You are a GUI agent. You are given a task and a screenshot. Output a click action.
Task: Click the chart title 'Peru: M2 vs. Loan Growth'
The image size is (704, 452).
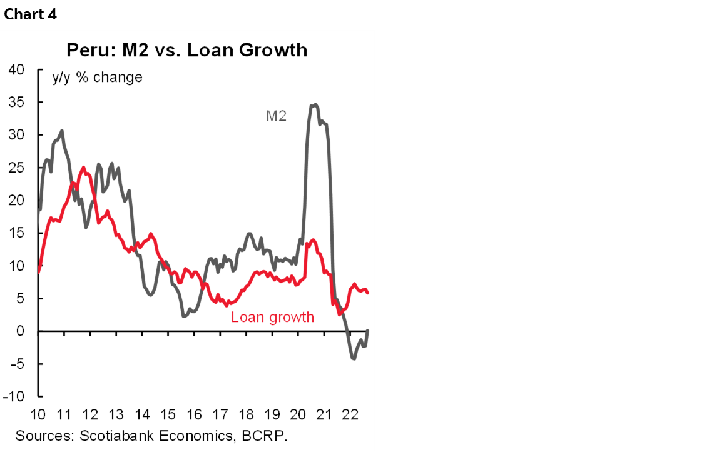[187, 50]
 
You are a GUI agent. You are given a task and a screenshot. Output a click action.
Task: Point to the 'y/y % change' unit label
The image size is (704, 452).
[96, 78]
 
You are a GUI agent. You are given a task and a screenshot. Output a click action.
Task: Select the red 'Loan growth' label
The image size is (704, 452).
[272, 317]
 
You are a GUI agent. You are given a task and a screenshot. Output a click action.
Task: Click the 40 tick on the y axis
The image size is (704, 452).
[16, 69]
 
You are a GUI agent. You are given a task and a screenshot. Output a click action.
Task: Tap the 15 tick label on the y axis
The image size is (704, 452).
[16, 233]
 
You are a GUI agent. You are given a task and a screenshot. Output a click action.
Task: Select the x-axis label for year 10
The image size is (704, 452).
[38, 414]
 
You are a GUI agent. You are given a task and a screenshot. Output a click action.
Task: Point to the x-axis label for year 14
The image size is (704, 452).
[142, 414]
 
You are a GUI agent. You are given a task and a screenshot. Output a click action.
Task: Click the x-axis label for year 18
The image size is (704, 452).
[246, 414]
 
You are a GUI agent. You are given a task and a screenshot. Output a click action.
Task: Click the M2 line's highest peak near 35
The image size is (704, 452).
[315, 104]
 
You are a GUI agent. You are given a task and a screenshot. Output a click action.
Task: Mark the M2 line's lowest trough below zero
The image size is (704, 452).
[354, 358]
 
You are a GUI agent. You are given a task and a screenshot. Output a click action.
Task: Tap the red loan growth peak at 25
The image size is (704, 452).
[83, 168]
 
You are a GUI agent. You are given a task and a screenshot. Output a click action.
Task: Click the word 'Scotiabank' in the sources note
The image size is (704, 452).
[111, 435]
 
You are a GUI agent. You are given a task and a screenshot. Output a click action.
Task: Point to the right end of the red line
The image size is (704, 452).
[368, 293]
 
